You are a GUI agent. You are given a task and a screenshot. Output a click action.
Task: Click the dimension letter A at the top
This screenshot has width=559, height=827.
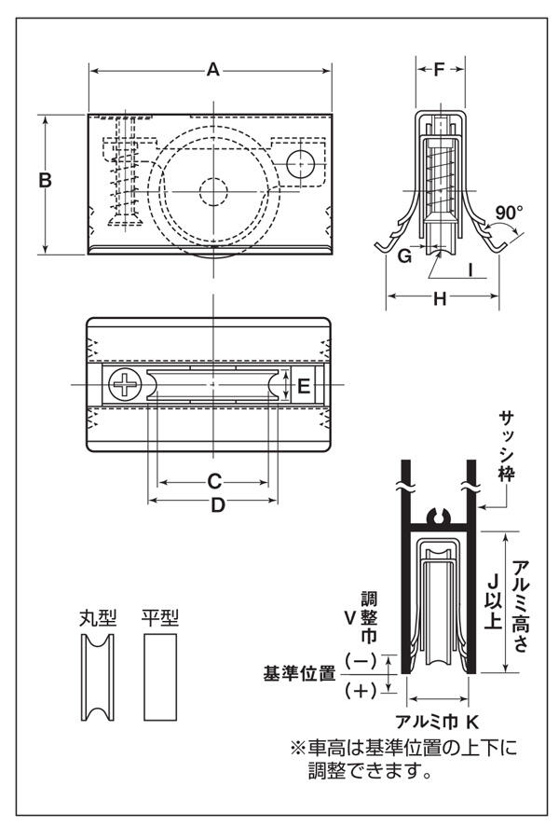pyautogui.click(x=212, y=70)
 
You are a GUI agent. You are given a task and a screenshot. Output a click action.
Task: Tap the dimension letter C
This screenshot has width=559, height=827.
pyautogui.click(x=213, y=482)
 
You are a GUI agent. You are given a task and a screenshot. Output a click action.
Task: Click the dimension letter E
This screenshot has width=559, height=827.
pyautogui.click(x=303, y=384)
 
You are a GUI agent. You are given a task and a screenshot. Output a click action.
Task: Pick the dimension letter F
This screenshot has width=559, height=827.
pyautogui.click(x=440, y=69)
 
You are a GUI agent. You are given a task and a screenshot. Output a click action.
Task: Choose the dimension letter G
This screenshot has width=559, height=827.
pyautogui.click(x=404, y=255)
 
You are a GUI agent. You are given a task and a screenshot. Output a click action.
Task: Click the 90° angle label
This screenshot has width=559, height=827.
pyautogui.click(x=509, y=213)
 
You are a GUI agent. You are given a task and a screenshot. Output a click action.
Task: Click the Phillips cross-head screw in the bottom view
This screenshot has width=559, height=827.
pyautogui.click(x=123, y=383)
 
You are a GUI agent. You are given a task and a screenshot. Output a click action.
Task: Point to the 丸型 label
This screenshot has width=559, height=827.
pyautogui.click(x=98, y=616)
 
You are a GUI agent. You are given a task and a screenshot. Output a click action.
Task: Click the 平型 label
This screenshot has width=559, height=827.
pyautogui.click(x=159, y=616)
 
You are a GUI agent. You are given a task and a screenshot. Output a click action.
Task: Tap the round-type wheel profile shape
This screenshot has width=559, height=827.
pyautogui.click(x=98, y=677)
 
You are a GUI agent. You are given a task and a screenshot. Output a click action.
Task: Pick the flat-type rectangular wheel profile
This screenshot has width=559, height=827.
pyautogui.click(x=159, y=677)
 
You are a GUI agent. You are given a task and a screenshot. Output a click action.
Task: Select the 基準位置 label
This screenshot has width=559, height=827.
pyautogui.click(x=300, y=673)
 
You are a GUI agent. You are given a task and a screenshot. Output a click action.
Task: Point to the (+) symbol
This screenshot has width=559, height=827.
pyautogui.click(x=361, y=692)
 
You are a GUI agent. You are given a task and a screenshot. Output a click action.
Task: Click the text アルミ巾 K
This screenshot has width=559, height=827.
pyautogui.click(x=437, y=721)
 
